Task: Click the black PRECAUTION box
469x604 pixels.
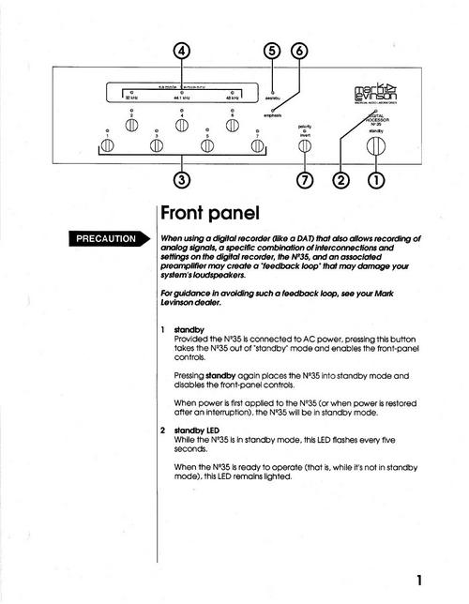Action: (x=104, y=238)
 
